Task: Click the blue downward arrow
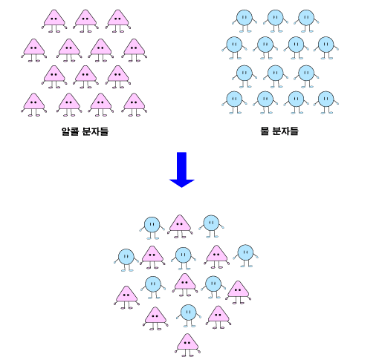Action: (x=181, y=169)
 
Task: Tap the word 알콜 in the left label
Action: (x=70, y=131)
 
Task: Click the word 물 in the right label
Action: (x=265, y=131)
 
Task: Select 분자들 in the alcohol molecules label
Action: (x=95, y=131)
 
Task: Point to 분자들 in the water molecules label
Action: (x=285, y=131)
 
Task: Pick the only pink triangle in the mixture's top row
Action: (x=180, y=226)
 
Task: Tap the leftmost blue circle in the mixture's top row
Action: (x=152, y=228)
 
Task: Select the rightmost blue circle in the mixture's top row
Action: (x=211, y=226)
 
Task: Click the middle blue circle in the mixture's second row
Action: (x=184, y=258)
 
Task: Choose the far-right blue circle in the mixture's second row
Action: (x=245, y=255)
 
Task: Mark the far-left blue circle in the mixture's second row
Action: (x=126, y=260)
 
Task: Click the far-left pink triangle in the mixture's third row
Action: (x=126, y=298)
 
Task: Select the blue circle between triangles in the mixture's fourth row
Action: (x=189, y=315)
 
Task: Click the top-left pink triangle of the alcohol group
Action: (x=54, y=21)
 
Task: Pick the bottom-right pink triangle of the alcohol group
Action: (x=134, y=105)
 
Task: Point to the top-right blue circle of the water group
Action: (x=306, y=21)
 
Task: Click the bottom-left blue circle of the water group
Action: (x=234, y=102)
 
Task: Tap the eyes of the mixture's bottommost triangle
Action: (x=187, y=343)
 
